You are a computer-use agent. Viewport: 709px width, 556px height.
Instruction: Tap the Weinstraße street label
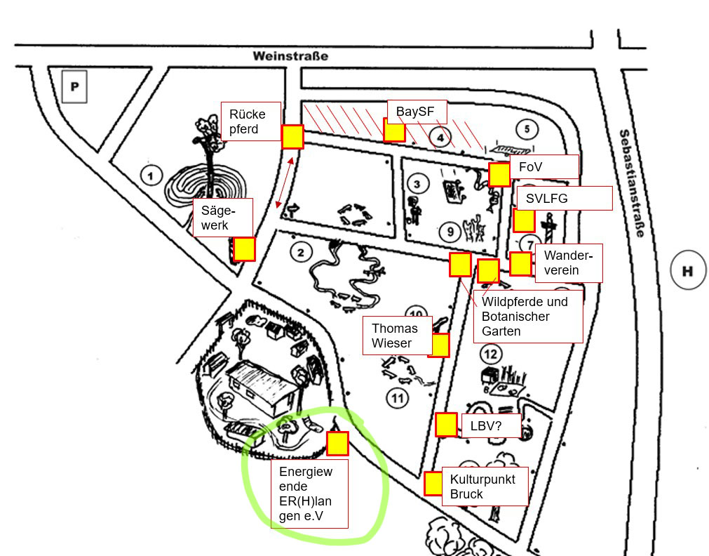pos(290,55)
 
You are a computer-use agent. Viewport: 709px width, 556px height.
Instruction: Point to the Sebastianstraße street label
pos(630,183)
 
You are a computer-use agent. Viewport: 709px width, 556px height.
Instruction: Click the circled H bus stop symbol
pos(687,271)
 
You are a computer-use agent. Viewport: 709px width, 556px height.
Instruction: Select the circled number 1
pos(150,174)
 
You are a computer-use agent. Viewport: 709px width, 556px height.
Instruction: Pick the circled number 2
pos(301,252)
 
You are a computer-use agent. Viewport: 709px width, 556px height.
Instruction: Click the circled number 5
pos(526,128)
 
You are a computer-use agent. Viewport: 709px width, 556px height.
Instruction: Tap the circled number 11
pos(398,399)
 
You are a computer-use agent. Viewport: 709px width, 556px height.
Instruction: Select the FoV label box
pos(543,166)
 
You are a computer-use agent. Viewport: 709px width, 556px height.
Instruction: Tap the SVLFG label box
pos(563,198)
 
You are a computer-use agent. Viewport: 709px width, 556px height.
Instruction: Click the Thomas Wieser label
pos(394,336)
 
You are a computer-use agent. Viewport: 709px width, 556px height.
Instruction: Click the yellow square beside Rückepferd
pos(292,136)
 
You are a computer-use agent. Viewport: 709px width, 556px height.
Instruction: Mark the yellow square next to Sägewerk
pos(244,249)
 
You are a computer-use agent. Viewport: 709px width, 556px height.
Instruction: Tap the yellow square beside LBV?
pos(446,424)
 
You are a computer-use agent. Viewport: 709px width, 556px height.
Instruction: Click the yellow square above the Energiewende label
pos(337,443)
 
